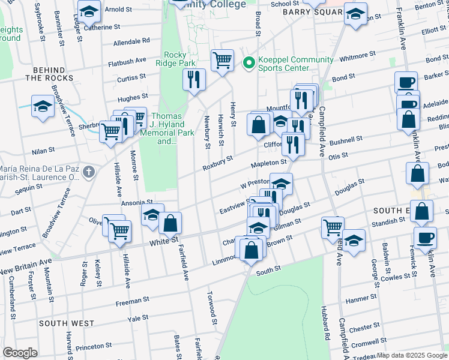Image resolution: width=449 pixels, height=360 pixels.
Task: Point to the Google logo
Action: tap(20, 353)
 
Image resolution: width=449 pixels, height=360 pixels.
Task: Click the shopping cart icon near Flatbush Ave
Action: tap(222, 60)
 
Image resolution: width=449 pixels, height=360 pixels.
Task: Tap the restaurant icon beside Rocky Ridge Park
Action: tap(193, 79)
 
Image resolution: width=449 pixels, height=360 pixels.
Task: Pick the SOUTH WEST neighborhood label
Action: tap(67, 323)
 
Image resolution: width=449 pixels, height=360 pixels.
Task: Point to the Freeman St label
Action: tap(133, 300)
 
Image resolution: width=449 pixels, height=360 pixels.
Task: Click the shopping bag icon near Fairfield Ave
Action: tap(170, 223)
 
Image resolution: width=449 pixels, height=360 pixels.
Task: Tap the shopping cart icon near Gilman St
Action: tap(333, 227)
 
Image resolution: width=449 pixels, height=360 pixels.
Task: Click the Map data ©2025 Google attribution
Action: tap(412, 355)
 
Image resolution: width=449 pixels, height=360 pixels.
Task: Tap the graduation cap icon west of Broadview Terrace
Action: tap(43, 107)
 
